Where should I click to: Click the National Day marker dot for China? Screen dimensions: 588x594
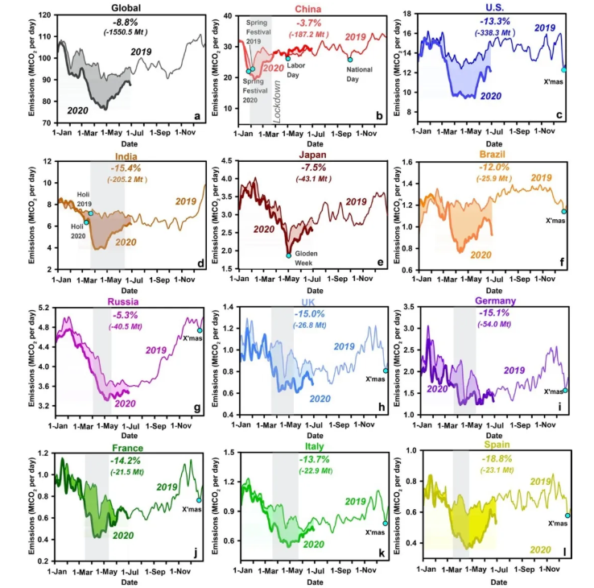pyautogui.click(x=350, y=59)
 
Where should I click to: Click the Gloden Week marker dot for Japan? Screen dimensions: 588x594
pyautogui.click(x=288, y=255)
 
